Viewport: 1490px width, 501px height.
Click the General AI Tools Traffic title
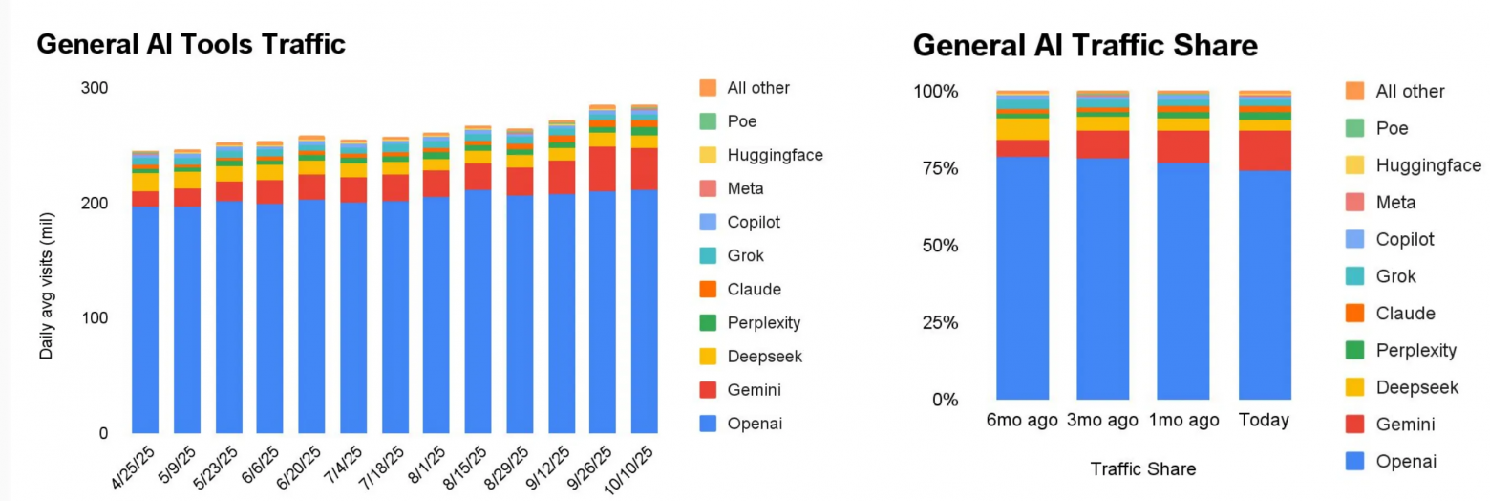pyautogui.click(x=191, y=44)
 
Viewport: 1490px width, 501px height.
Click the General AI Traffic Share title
pyautogui.click(x=1085, y=46)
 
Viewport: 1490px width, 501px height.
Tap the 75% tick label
pyautogui.click(x=937, y=169)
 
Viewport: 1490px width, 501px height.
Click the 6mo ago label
pyautogui.click(x=1021, y=421)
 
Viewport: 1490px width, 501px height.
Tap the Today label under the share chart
pyautogui.click(x=1264, y=421)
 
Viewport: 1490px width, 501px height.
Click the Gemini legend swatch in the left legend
pyautogui.click(x=708, y=390)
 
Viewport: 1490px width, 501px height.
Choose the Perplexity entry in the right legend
pyautogui.click(x=1416, y=350)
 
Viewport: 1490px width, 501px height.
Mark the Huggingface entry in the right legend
pyautogui.click(x=1428, y=165)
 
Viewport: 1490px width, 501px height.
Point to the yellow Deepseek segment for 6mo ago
pyautogui.click(x=1022, y=128)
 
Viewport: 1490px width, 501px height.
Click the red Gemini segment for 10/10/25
pyautogui.click(x=644, y=168)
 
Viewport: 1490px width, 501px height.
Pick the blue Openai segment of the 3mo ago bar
pyautogui.click(x=1102, y=277)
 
